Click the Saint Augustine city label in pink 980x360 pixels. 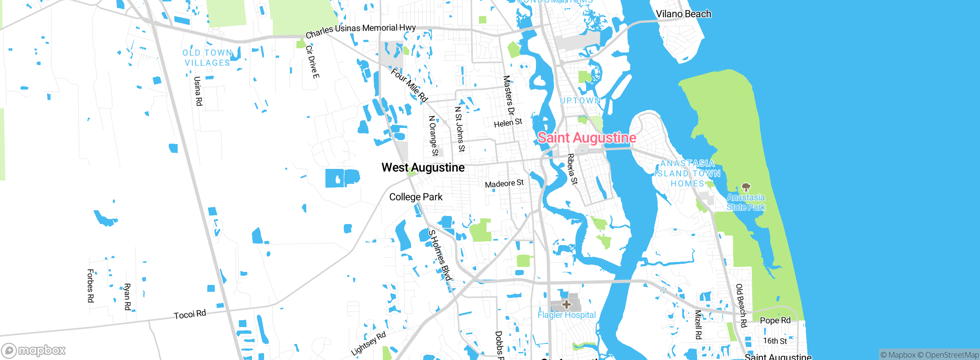tap(587, 138)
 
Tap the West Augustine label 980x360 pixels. tap(423, 168)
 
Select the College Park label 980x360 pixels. tap(416, 197)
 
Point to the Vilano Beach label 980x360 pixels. tap(683, 14)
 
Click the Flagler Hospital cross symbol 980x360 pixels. tap(566, 305)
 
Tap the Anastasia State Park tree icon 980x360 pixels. tap(746, 187)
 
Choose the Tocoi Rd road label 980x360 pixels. tap(190, 314)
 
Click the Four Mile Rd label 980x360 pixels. tap(409, 85)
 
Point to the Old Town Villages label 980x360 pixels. tap(207, 58)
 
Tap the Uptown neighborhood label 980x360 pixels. tap(580, 100)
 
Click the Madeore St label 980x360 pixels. tap(504, 183)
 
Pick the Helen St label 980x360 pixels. tap(508, 123)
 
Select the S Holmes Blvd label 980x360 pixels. tap(440, 255)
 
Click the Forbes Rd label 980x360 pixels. tap(91, 286)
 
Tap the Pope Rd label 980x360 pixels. tap(775, 320)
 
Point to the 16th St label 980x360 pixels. tap(775, 340)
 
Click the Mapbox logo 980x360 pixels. tap(34, 350)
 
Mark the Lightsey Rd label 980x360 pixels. tap(368, 344)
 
